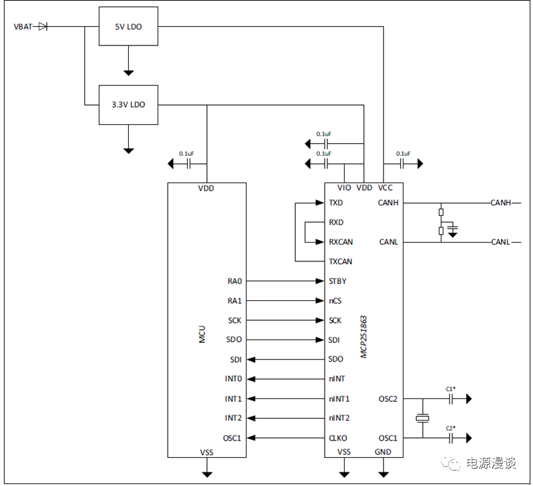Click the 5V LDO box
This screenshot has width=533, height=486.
[x=128, y=27]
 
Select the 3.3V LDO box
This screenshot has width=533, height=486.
[x=128, y=105]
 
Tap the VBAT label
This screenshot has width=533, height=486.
[x=23, y=27]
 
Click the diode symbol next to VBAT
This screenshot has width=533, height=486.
[x=43, y=27]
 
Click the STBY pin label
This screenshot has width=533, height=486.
[x=338, y=281]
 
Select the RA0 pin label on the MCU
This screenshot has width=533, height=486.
[x=234, y=281]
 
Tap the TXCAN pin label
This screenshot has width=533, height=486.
[x=341, y=261]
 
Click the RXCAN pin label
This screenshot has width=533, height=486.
[x=341, y=242]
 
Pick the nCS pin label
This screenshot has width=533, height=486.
[x=335, y=301]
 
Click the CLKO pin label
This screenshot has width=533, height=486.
[x=338, y=439]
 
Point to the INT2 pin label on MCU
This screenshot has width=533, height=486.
[x=233, y=418]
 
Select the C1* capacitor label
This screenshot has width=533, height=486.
[x=450, y=388]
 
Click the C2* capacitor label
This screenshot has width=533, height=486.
[x=450, y=428]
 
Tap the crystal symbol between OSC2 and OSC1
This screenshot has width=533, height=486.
[x=423, y=419]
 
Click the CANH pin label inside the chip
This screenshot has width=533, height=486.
[x=388, y=203]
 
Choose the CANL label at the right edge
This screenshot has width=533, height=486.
[x=501, y=242]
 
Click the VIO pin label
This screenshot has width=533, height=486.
[x=345, y=189]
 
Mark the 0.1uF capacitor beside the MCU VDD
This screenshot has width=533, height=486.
[x=188, y=162]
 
